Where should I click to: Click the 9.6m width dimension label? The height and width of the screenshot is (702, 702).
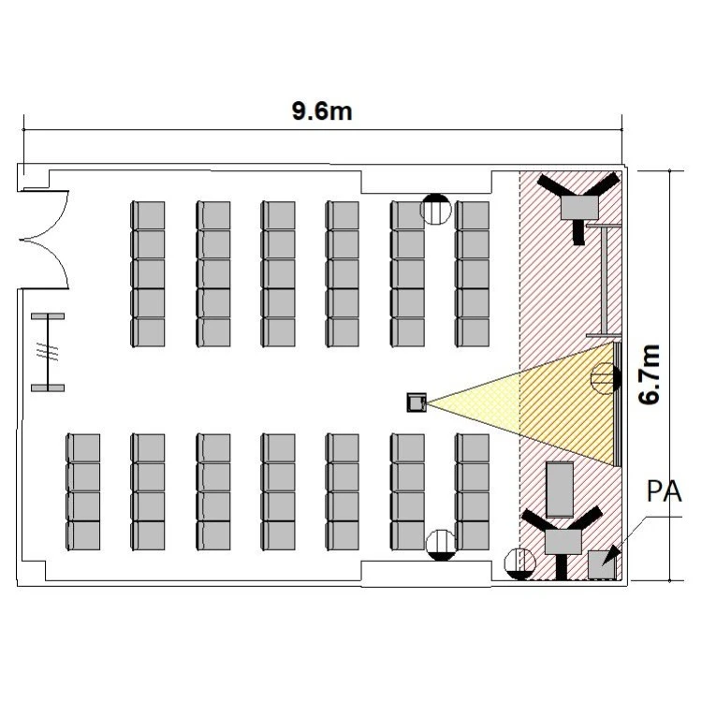point(322,111)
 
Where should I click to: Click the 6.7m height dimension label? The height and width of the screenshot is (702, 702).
point(650,374)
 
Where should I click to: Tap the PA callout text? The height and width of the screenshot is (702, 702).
point(665,491)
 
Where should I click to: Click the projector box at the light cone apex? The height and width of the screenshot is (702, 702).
point(417,402)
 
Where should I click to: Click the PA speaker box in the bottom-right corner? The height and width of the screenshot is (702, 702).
point(602,564)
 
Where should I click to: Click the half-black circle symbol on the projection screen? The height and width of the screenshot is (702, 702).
point(606,379)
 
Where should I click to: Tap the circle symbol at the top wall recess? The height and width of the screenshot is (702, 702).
point(435,209)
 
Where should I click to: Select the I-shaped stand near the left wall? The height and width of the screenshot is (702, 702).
point(48,352)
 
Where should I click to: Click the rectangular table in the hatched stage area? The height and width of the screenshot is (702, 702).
point(560,490)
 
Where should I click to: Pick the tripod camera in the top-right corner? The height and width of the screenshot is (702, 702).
point(579,205)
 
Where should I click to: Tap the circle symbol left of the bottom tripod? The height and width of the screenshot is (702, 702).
point(519,563)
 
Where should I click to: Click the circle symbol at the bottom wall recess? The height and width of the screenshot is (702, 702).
point(441,545)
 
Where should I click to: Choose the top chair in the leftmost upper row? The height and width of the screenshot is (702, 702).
point(148,216)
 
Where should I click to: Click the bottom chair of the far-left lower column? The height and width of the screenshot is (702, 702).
point(83,535)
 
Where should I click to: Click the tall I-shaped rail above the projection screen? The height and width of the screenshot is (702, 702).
point(604,280)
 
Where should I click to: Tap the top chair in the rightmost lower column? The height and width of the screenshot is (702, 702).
point(473,448)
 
